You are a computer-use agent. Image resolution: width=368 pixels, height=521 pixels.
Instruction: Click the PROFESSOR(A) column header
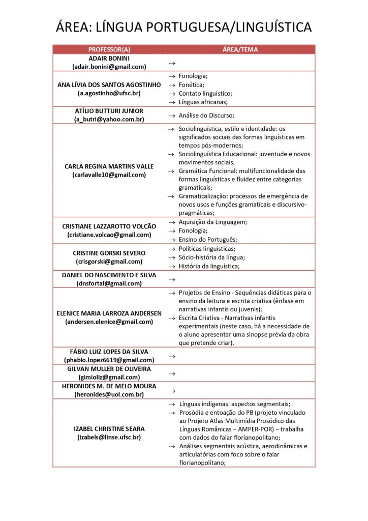coord(109,49)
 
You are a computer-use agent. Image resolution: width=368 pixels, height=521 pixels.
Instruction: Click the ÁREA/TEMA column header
coord(240,49)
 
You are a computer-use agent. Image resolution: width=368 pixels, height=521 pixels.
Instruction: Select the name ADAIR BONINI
coord(109,58)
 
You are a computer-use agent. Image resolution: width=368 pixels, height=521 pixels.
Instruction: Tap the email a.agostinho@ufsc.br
coord(109,94)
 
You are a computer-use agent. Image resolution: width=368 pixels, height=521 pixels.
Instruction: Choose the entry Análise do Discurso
coord(206,115)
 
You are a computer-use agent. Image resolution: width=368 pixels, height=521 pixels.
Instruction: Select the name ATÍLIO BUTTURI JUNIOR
coord(109,111)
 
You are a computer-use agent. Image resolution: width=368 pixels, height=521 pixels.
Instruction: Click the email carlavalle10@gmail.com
coord(109,175)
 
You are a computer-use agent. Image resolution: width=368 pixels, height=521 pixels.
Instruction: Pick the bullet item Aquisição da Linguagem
coord(212,222)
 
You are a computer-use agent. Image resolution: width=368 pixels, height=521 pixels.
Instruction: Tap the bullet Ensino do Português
coord(208,240)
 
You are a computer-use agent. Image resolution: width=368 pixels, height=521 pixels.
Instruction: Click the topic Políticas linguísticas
coord(207,249)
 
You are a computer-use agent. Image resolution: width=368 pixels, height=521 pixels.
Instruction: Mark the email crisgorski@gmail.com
coord(109,262)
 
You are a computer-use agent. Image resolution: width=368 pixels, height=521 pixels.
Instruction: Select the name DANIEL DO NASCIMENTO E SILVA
coord(109,275)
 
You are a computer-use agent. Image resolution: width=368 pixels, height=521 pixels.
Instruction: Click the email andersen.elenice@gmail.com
coord(109,322)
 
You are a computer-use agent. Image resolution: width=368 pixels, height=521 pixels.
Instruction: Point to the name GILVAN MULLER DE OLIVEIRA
coord(109,368)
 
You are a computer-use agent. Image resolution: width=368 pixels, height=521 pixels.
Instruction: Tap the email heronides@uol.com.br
coord(109,394)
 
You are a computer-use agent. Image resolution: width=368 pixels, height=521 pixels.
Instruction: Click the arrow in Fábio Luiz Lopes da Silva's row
coord(172,356)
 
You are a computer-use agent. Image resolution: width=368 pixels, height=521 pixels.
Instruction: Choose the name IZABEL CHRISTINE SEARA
coord(109,428)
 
